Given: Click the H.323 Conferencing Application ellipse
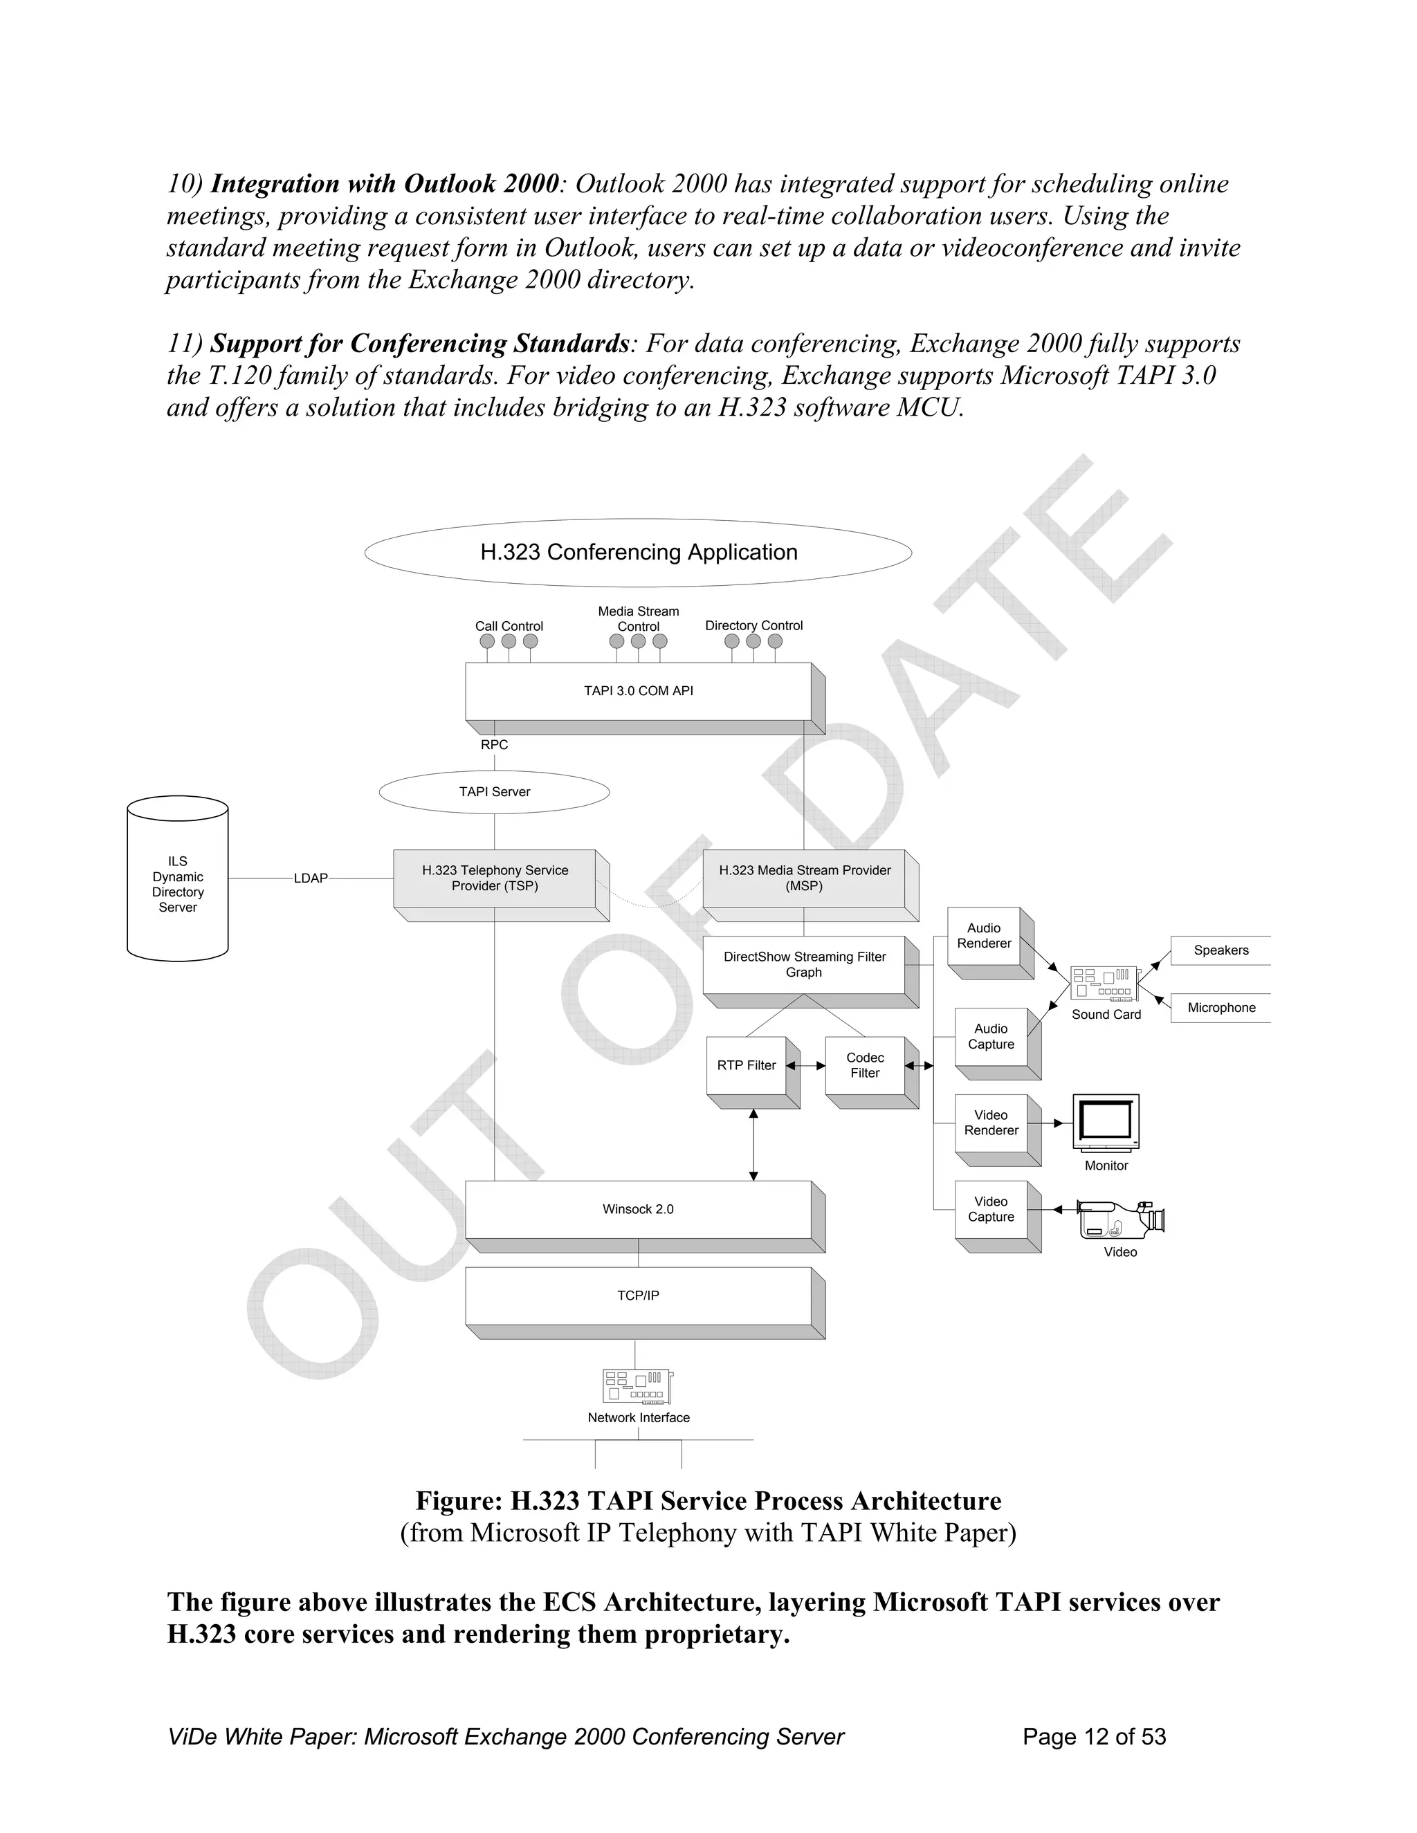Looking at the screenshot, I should point(638,552).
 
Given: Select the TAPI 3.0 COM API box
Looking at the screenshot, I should point(639,691).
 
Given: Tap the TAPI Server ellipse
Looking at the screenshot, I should point(495,791).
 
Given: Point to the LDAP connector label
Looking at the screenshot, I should point(311,878).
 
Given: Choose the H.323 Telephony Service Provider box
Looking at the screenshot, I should point(495,878).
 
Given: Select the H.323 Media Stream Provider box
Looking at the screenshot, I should point(804,878).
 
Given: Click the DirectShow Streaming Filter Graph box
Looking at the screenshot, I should point(804,964).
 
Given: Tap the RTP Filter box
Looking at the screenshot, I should point(747,1065).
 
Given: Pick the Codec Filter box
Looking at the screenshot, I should point(865,1065).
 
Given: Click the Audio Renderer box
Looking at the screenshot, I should point(984,936).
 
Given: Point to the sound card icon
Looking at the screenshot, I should point(1106,983).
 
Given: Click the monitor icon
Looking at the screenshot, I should point(1106,1122).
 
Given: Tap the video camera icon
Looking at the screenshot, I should point(1120,1220).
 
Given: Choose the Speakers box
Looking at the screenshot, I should point(1221,950).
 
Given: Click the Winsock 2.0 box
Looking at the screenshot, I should point(638,1209).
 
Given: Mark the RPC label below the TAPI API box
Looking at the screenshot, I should point(495,745).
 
